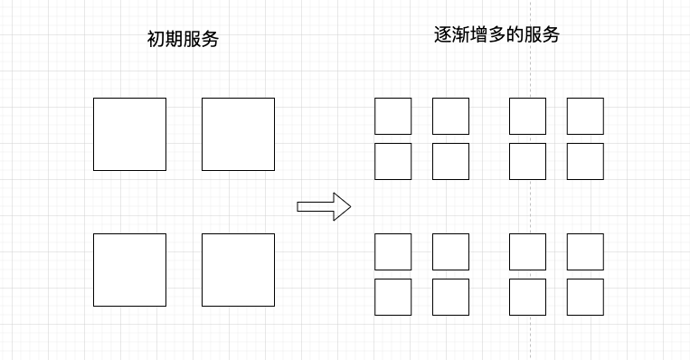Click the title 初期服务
click(183, 40)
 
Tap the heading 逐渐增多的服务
click(496, 35)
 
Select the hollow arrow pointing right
click(323, 206)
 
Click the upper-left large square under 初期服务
click(129, 134)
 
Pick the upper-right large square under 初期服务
click(238, 134)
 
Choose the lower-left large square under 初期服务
click(129, 270)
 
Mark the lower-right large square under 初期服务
click(238, 270)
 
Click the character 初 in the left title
click(156, 40)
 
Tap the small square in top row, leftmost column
click(392, 116)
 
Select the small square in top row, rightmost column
click(585, 116)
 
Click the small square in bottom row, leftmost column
click(392, 297)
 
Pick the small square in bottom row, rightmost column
click(585, 297)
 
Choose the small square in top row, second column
click(450, 116)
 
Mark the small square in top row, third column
click(527, 116)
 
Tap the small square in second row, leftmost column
click(392, 161)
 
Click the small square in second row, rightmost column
click(585, 161)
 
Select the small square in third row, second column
click(450, 251)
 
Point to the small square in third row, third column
click(527, 251)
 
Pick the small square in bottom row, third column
click(527, 297)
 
